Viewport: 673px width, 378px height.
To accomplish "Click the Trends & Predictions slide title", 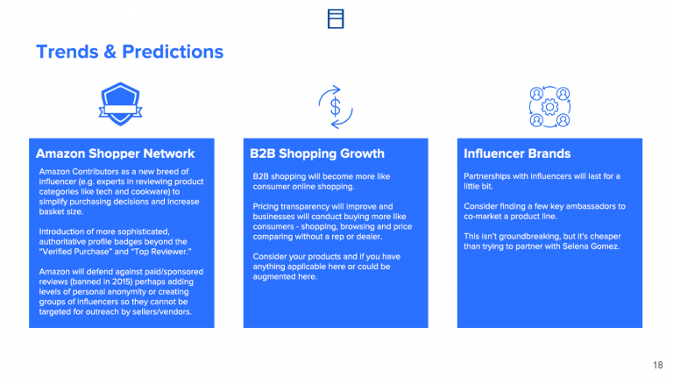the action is [130, 52].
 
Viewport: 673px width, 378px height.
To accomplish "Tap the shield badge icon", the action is [120, 104].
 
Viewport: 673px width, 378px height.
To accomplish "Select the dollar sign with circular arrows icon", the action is [336, 107].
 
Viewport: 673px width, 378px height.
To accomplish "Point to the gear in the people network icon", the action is [549, 107].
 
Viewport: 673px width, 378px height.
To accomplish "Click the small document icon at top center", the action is [336, 19].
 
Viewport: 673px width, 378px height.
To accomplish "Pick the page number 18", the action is [657, 365].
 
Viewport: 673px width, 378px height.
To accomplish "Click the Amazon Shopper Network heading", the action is [115, 153].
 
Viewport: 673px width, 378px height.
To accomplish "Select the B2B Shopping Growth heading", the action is [317, 153].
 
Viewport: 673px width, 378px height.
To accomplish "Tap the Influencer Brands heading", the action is [517, 153].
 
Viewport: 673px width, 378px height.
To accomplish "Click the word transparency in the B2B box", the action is [299, 207].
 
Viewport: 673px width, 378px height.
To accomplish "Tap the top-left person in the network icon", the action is [536, 94].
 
